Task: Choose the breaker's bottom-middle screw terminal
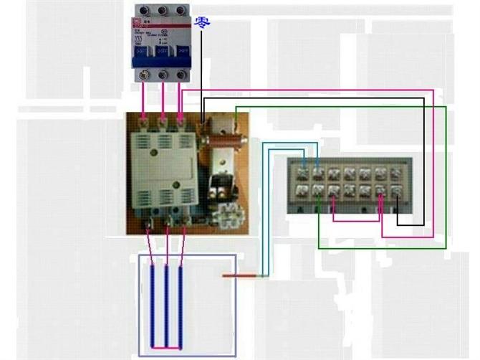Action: tap(163, 75)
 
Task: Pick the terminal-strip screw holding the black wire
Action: tap(395, 190)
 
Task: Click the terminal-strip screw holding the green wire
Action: tap(317, 190)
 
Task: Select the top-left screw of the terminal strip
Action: tap(302, 173)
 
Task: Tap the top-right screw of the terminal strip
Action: tap(395, 173)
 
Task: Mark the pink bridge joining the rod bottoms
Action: tap(166, 348)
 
